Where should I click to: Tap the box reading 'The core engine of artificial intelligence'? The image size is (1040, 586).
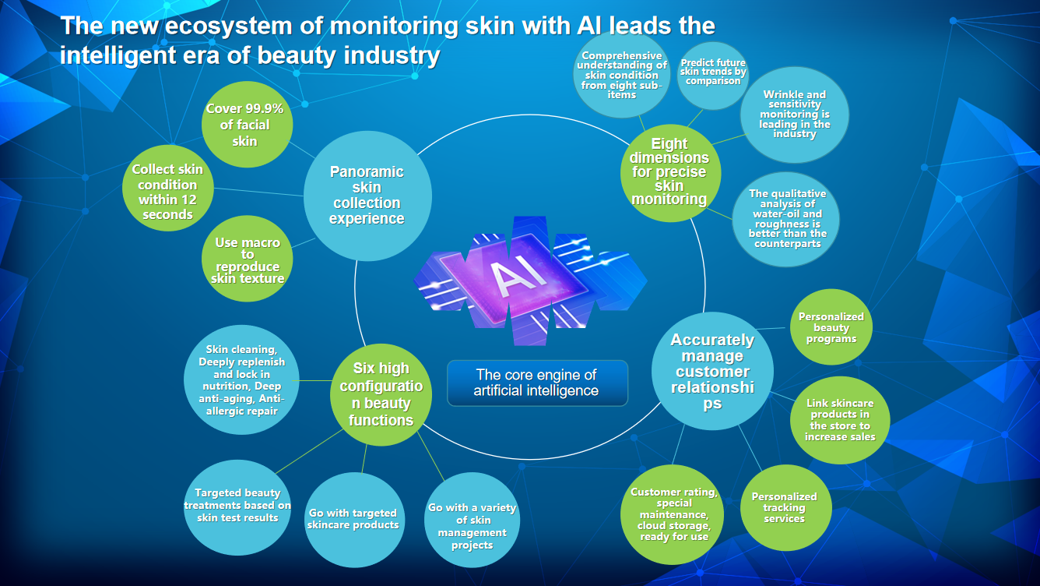(x=537, y=383)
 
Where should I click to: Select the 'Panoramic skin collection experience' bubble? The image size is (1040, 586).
(x=367, y=195)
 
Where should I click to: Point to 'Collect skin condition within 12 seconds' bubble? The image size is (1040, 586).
(x=167, y=192)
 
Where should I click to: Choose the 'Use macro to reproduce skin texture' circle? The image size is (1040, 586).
(x=248, y=261)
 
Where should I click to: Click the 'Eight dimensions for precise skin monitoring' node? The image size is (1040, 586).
(x=669, y=171)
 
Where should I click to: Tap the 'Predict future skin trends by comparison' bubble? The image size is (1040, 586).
(x=712, y=73)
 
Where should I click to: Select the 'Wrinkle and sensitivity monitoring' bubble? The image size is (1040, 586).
(x=795, y=115)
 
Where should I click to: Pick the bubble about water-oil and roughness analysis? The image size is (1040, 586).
(x=788, y=219)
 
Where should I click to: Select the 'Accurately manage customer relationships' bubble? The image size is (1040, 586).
(x=712, y=371)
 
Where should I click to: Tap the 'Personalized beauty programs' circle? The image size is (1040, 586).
(x=831, y=328)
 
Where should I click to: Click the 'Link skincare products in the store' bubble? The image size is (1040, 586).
(x=840, y=421)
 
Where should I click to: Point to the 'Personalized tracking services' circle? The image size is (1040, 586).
(x=784, y=508)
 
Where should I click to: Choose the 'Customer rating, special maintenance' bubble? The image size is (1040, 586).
(x=673, y=514)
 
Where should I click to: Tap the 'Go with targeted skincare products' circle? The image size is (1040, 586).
(x=353, y=520)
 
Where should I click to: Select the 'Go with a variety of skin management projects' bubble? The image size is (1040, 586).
(x=472, y=527)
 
